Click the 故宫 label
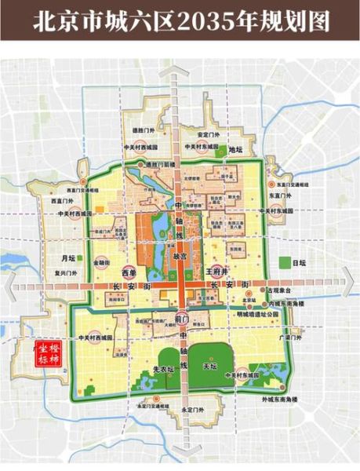pyautogui.click(x=180, y=256)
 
